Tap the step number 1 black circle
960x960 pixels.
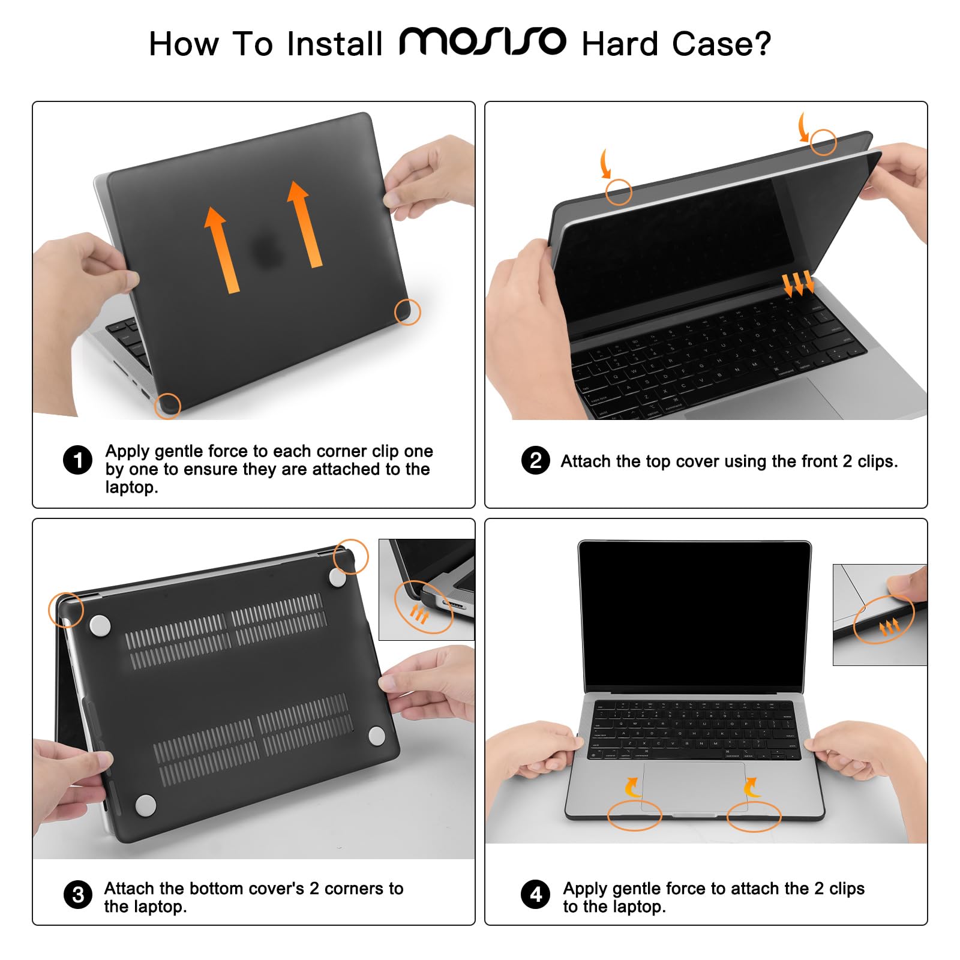(x=77, y=460)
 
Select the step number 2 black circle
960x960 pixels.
(x=535, y=460)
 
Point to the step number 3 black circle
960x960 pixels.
(x=78, y=895)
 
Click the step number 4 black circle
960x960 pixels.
(x=535, y=895)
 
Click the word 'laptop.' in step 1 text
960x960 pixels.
(x=131, y=487)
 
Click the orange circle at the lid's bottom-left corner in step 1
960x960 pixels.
(x=167, y=406)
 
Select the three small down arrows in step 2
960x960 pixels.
(x=798, y=283)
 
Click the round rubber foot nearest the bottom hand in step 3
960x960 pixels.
(x=146, y=806)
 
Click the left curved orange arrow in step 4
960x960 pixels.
(x=631, y=787)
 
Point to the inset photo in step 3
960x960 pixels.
(x=426, y=589)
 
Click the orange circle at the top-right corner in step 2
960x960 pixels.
(x=823, y=142)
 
